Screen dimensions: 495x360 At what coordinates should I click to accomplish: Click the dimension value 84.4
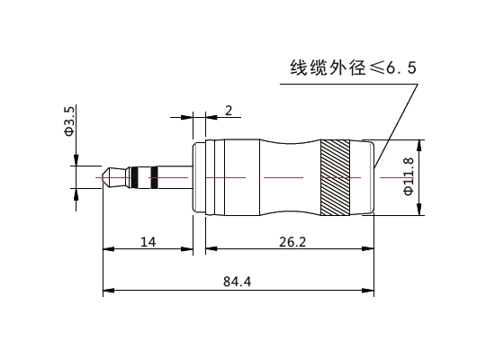tap(237, 282)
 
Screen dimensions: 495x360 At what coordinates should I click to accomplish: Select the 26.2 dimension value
tap(292, 242)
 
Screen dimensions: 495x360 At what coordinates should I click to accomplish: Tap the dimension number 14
tap(148, 242)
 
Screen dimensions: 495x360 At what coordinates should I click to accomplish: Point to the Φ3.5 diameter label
tap(69, 121)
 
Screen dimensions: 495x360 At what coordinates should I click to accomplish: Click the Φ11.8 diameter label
tap(409, 176)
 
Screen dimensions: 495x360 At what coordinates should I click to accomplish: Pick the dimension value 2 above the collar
tap(229, 110)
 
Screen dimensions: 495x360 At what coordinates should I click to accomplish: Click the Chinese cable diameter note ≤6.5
tap(354, 67)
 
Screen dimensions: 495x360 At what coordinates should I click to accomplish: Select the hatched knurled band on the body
tap(336, 177)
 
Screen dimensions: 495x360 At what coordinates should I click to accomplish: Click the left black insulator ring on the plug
tap(135, 177)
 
